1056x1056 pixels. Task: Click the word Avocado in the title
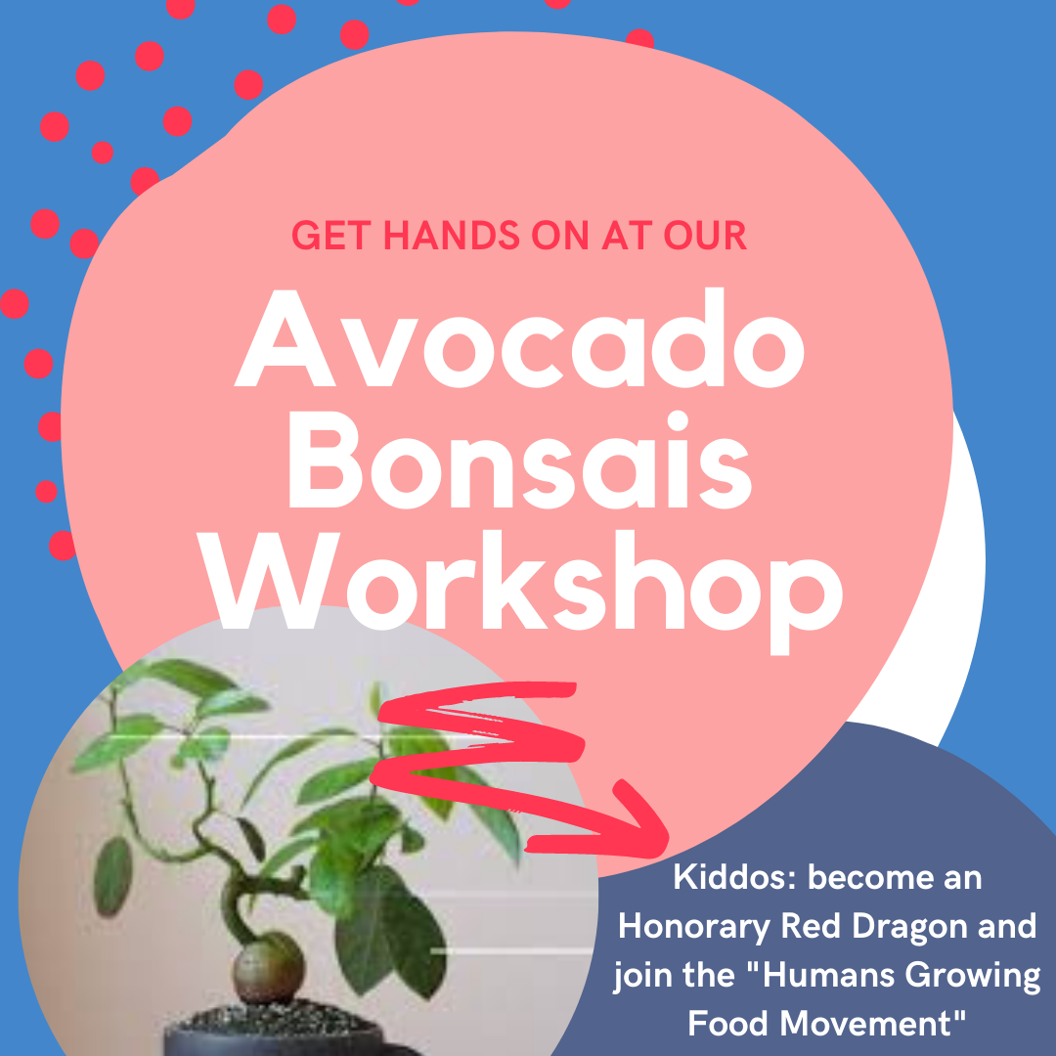(x=519, y=338)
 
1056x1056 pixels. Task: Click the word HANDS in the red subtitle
(x=451, y=236)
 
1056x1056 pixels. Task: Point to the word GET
(x=331, y=236)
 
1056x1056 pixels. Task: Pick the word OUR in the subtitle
(x=705, y=236)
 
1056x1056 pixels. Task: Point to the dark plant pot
(x=283, y=1034)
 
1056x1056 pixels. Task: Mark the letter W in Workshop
(x=264, y=582)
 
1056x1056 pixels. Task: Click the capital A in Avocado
(x=285, y=338)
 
